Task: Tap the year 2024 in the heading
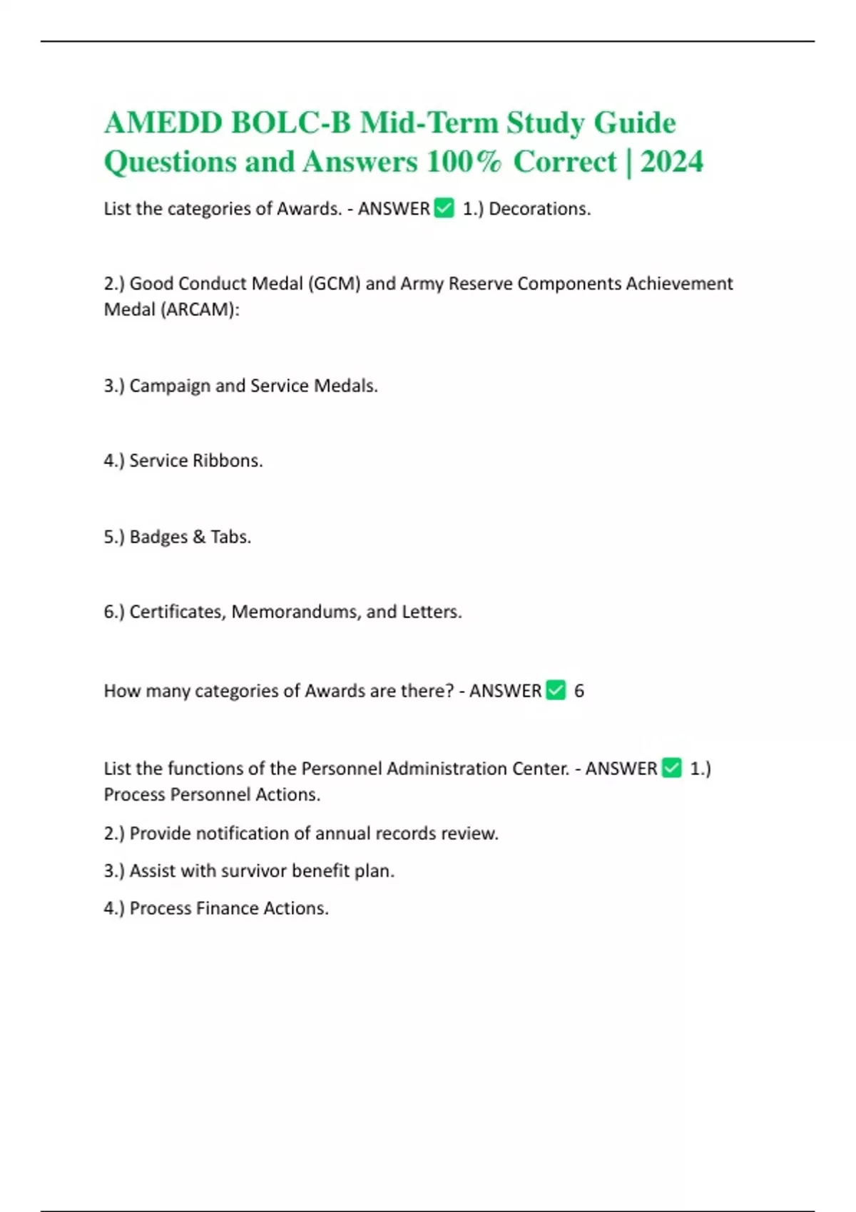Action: [x=672, y=162]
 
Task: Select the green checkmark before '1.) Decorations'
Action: [x=444, y=208]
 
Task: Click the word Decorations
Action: [x=539, y=209]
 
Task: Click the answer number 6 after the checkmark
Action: [x=579, y=691]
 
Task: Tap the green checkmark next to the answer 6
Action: [x=556, y=690]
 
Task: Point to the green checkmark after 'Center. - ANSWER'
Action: [x=672, y=768]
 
